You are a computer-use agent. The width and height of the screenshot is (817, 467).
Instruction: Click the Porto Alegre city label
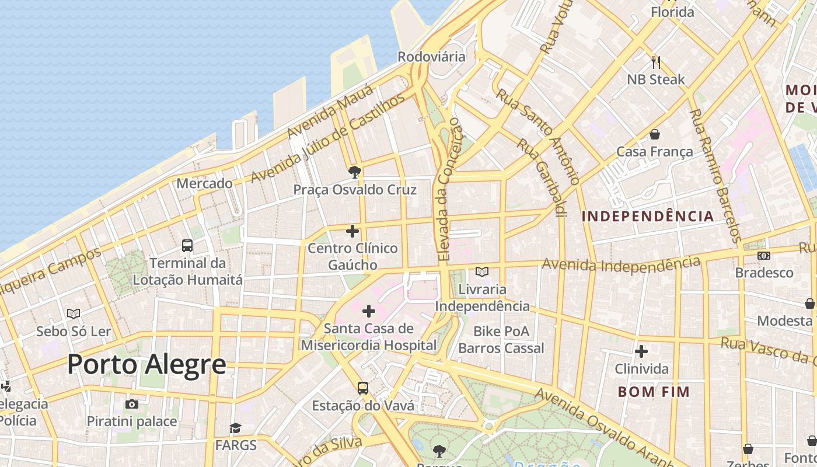146,364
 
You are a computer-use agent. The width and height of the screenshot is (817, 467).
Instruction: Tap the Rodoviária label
431,57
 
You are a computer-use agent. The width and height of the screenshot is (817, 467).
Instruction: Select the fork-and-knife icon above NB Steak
656,61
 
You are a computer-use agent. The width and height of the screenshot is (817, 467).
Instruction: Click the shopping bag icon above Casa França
655,134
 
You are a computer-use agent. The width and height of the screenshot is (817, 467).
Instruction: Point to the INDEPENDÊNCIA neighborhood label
648,216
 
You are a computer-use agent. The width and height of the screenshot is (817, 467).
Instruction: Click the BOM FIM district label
654,392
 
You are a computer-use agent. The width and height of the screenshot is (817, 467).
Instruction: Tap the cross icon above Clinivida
641,351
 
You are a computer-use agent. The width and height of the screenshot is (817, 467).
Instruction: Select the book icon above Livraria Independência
482,271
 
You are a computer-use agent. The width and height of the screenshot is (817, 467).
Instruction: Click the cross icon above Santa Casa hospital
369,311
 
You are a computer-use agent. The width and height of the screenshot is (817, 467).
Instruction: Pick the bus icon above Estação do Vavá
363,388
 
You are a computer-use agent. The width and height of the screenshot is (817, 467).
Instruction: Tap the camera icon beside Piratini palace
132,404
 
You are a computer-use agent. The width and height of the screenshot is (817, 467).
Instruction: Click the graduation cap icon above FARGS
235,428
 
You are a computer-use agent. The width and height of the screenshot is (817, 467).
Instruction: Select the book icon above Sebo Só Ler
74,314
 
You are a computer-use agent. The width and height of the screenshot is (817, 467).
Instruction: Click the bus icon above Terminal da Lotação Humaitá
187,246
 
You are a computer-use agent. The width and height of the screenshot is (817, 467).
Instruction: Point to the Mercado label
204,183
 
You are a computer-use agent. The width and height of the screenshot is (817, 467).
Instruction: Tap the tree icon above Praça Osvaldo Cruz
354,172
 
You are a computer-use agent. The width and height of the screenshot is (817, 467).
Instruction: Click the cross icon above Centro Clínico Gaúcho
352,231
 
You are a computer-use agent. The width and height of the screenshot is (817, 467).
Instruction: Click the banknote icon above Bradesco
763,256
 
